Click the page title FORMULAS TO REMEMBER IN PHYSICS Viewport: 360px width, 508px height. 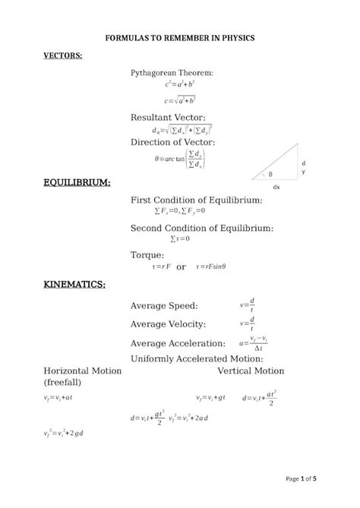click(x=179, y=36)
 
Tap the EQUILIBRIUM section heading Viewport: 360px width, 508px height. click(x=77, y=183)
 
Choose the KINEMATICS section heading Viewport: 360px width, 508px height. click(x=74, y=285)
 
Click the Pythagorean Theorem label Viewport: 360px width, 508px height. click(x=172, y=72)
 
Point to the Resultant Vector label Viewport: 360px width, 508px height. click(x=171, y=118)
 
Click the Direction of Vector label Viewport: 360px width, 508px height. click(x=173, y=142)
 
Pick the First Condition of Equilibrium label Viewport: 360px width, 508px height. click(x=197, y=200)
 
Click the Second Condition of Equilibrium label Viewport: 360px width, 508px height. click(x=202, y=228)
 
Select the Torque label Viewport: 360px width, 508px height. click(x=147, y=255)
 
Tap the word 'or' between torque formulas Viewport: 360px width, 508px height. click(x=182, y=267)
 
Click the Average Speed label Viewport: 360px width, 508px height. click(x=164, y=306)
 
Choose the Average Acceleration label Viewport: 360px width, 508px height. click(x=178, y=344)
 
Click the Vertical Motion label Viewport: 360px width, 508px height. click(x=251, y=371)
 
